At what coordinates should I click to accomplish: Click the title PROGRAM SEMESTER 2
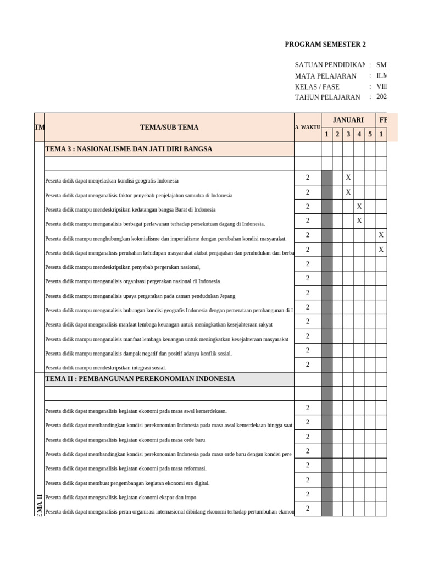tap(325, 45)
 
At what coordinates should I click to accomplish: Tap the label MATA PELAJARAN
tap(325, 76)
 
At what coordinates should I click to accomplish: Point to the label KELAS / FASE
tap(317, 86)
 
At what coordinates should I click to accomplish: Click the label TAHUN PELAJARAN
tap(327, 97)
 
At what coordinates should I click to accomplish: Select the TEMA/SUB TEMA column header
tap(169, 127)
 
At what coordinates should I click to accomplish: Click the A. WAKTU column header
tap(308, 127)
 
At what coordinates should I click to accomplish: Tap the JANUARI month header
tap(348, 120)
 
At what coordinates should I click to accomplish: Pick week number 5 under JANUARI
tap(370, 134)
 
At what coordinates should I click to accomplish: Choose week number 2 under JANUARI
tap(337, 134)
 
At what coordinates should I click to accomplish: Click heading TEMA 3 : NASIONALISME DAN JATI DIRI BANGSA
tap(129, 149)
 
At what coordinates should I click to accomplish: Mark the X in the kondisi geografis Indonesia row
tap(348, 178)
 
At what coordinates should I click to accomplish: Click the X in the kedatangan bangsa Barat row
tap(359, 206)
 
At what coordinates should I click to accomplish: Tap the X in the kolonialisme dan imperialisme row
tap(381, 235)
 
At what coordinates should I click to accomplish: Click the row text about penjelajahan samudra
tap(138, 195)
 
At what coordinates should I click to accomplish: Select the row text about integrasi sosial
tap(105, 368)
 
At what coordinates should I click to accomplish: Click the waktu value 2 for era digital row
tap(308, 479)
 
